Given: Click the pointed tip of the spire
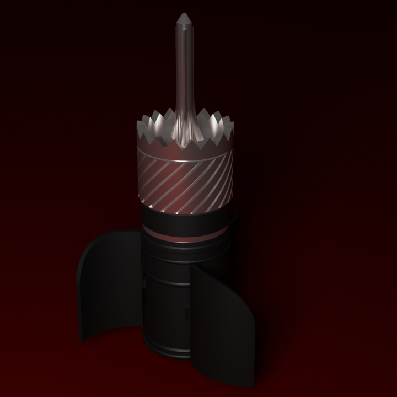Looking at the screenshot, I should (184, 14).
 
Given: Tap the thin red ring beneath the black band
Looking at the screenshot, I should (185, 237).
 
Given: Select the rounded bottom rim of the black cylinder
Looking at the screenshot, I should (165, 353).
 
